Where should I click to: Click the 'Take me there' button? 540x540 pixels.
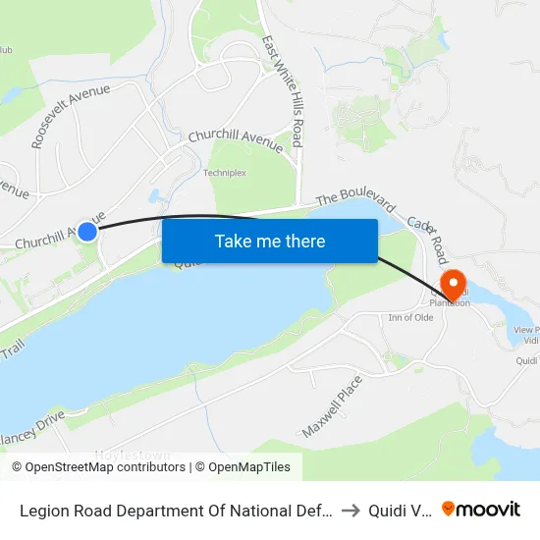pos(269,241)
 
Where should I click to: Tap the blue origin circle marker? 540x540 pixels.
pos(87,232)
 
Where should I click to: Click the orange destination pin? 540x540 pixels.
pos(453,285)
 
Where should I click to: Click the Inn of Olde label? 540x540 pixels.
pos(410,316)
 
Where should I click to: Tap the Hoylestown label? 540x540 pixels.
pos(133,455)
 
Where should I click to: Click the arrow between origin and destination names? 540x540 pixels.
pos(351,509)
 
